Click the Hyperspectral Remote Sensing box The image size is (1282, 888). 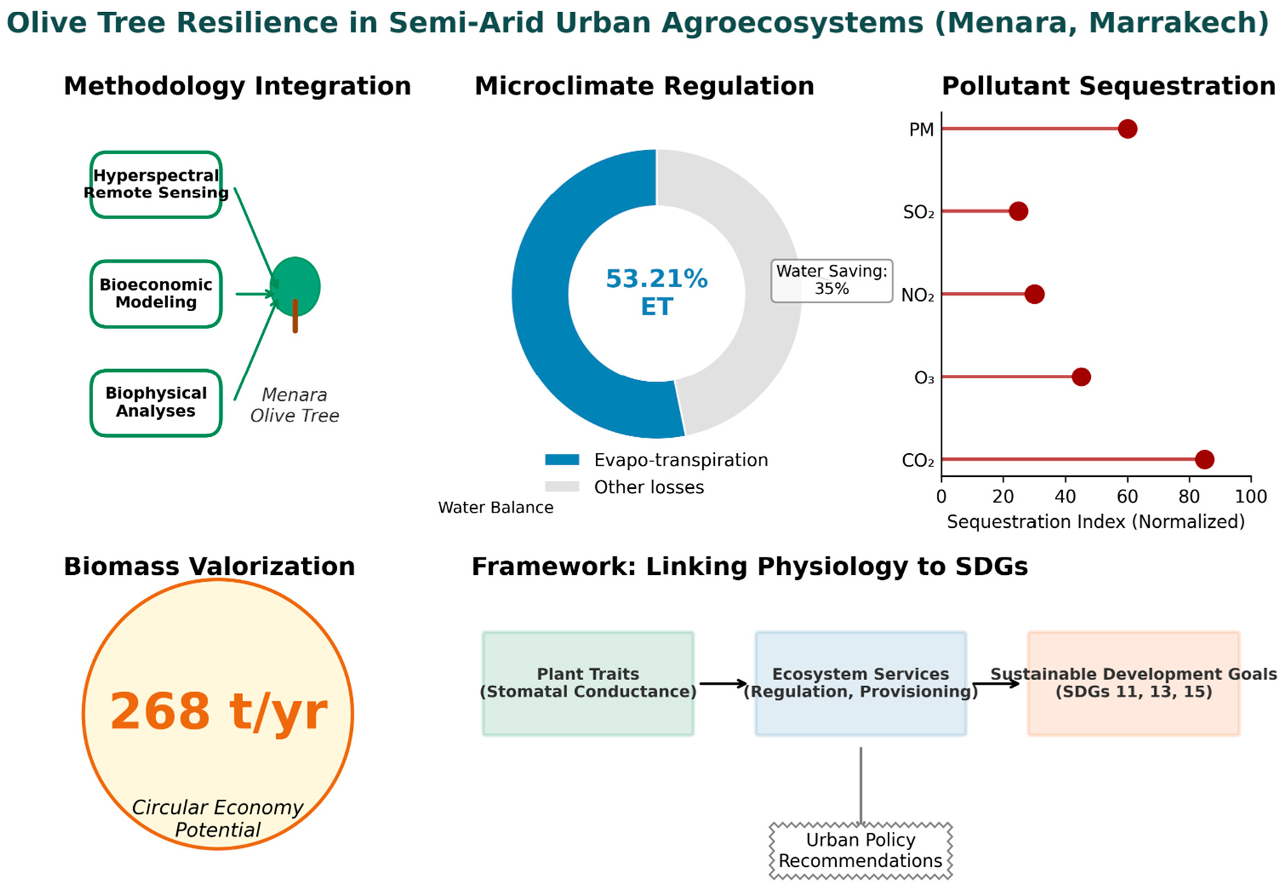pos(156,184)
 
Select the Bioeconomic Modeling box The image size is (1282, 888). pos(156,293)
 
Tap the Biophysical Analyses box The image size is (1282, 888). pos(156,403)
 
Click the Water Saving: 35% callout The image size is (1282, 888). pos(831,280)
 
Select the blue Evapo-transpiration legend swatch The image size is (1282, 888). pos(562,460)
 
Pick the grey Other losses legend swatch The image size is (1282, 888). pos(562,487)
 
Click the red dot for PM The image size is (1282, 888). pos(1127,129)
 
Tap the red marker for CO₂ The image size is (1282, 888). pos(1204,459)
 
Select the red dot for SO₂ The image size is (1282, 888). pos(1018,211)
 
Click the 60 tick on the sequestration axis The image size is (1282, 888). pos(1127,497)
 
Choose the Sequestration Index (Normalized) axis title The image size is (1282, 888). pos(1095,522)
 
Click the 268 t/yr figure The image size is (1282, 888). pos(218,712)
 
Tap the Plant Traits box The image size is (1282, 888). pos(588,683)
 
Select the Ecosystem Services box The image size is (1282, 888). pos(861,683)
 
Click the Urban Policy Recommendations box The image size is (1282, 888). pos(861,850)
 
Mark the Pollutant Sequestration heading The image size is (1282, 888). pos(1108,86)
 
